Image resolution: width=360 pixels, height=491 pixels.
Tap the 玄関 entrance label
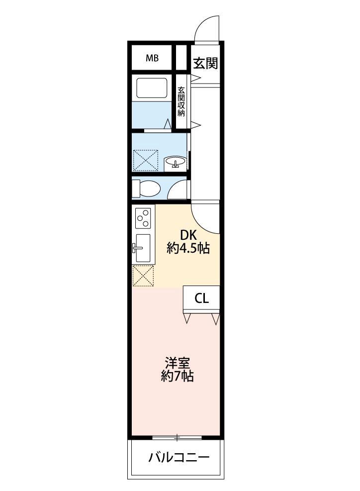(205, 63)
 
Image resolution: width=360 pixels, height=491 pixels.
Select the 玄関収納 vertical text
(181, 101)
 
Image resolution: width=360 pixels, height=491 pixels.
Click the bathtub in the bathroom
(152, 88)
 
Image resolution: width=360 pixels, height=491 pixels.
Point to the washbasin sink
(175, 162)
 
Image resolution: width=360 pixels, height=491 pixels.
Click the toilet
(148, 189)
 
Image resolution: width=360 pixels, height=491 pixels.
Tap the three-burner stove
(143, 217)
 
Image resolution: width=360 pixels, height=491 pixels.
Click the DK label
(188, 235)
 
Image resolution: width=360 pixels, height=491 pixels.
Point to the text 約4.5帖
(188, 249)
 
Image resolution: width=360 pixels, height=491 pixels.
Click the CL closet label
(201, 298)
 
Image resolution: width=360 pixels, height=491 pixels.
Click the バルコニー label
(178, 457)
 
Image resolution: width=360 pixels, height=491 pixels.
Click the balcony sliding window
(177, 438)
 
